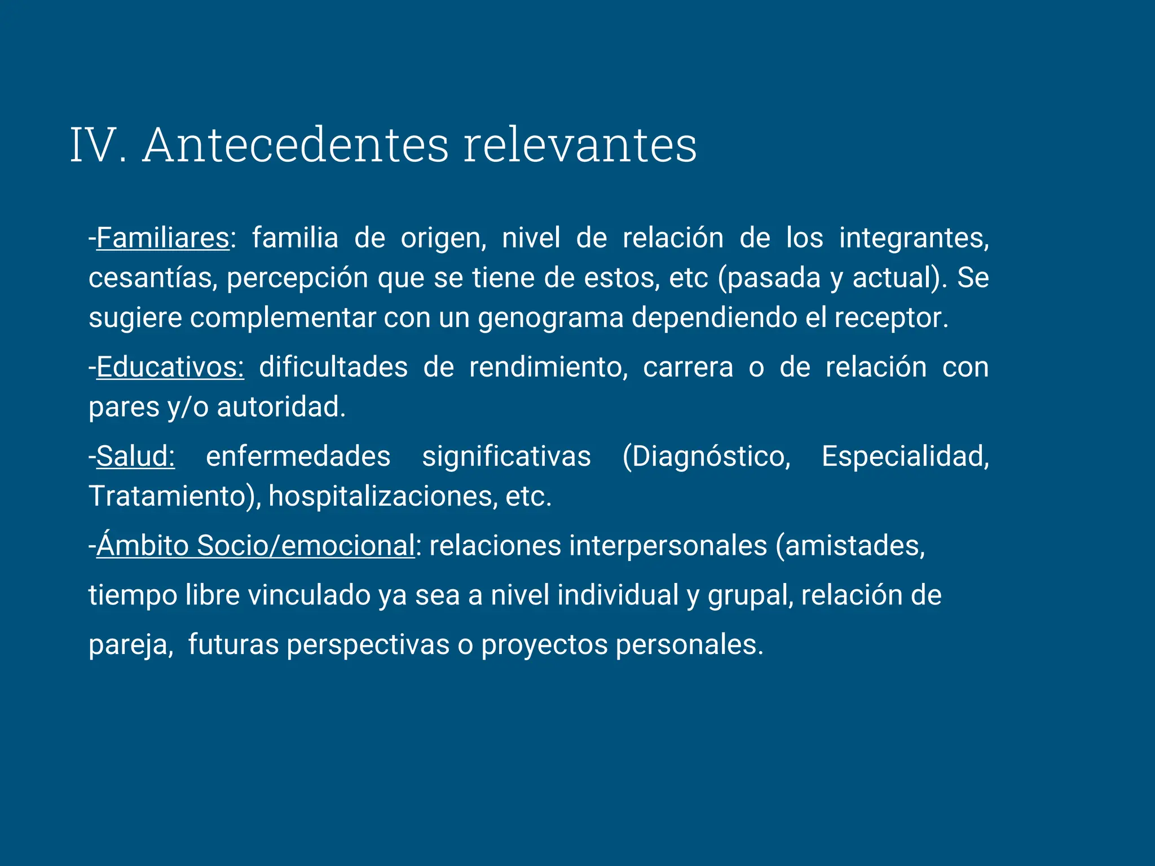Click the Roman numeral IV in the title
coord(94,145)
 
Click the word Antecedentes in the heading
coord(296,145)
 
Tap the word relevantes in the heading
coord(580,145)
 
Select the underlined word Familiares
coord(163,238)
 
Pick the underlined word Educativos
coord(170,368)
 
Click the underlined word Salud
coord(135,456)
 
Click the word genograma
coord(550,318)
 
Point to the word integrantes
coord(914,238)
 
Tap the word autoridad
coord(281,407)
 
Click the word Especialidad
coord(905,456)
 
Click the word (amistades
coord(850,546)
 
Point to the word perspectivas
coord(368,644)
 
